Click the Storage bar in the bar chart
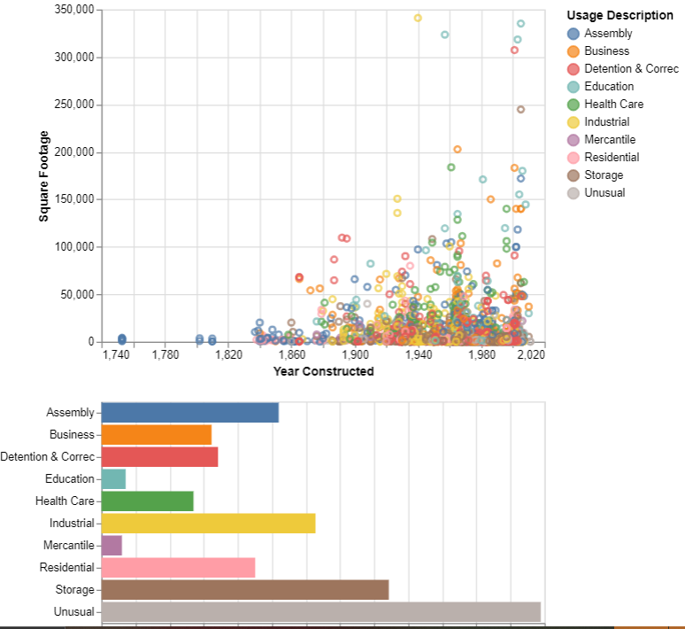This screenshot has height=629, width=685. (245, 590)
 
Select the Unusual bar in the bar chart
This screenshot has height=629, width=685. (320, 612)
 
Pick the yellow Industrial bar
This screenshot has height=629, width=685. (208, 524)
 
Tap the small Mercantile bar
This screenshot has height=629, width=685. (112, 546)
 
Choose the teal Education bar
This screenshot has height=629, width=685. (113, 479)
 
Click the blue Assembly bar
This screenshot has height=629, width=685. (190, 413)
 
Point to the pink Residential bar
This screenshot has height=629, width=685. (178, 568)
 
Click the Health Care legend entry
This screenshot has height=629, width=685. (613, 105)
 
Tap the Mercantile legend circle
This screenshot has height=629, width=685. (573, 140)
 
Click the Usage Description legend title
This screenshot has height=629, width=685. (620, 16)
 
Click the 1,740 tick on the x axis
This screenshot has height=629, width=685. (116, 355)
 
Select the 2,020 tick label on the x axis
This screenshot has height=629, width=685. (531, 355)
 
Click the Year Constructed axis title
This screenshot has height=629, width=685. (324, 371)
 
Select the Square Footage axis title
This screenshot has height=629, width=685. (43, 175)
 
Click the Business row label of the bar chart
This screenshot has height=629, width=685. (72, 435)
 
